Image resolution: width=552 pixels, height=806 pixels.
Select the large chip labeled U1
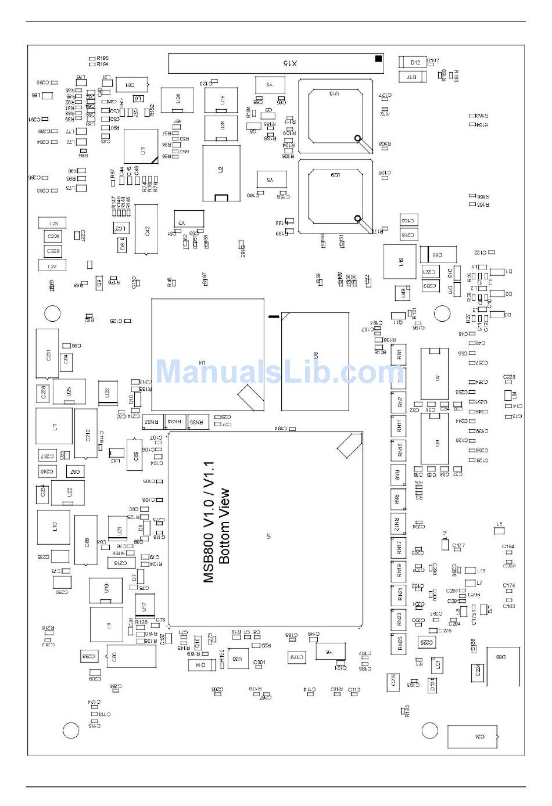266,528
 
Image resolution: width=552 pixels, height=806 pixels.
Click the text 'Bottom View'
225,526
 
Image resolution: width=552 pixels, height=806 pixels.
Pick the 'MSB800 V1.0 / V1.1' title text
209,522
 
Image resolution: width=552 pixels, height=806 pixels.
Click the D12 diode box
414,62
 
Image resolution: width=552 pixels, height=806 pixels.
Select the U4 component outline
207,355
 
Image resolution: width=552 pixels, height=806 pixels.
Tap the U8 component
315,361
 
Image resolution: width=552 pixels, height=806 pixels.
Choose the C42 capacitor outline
146,229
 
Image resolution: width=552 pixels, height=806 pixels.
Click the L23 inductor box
53,223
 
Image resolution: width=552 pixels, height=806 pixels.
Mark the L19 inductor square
400,261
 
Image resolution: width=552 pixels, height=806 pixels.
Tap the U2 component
221,172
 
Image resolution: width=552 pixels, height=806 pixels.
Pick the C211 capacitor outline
48,354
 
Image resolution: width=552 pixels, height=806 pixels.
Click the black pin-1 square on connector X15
378,58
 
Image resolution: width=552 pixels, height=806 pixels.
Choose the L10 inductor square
54,527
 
